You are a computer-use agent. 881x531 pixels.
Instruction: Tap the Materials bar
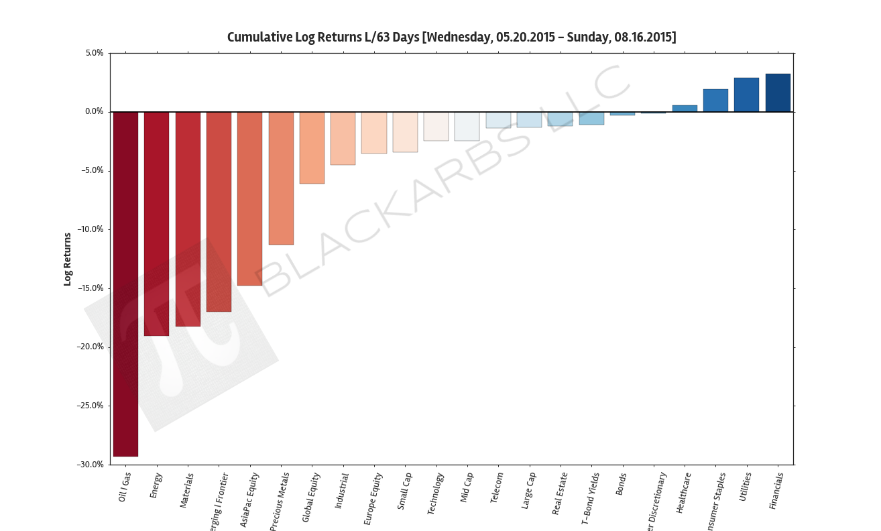tap(188, 219)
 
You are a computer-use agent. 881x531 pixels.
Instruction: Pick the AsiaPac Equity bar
tap(249, 198)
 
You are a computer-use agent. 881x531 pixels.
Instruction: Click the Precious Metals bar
tap(281, 178)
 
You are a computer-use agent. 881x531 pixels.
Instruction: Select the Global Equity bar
tap(312, 147)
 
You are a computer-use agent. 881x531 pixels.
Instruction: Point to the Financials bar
tap(778, 93)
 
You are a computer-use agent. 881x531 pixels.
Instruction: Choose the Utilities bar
tap(746, 95)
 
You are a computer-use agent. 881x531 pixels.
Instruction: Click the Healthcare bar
tap(685, 109)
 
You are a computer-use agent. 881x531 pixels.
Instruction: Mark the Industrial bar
tap(343, 138)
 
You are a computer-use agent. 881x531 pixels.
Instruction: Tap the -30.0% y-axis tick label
tap(89, 465)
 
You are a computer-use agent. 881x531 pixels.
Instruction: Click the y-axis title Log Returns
tap(67, 259)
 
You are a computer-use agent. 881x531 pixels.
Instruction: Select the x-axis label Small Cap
tap(404, 491)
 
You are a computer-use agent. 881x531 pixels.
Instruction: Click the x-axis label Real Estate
tap(560, 493)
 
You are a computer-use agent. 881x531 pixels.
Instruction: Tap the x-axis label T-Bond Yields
tap(590, 497)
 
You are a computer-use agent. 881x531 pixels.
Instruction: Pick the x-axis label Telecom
tap(497, 488)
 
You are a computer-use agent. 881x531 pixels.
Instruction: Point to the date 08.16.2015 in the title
tap(643, 37)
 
